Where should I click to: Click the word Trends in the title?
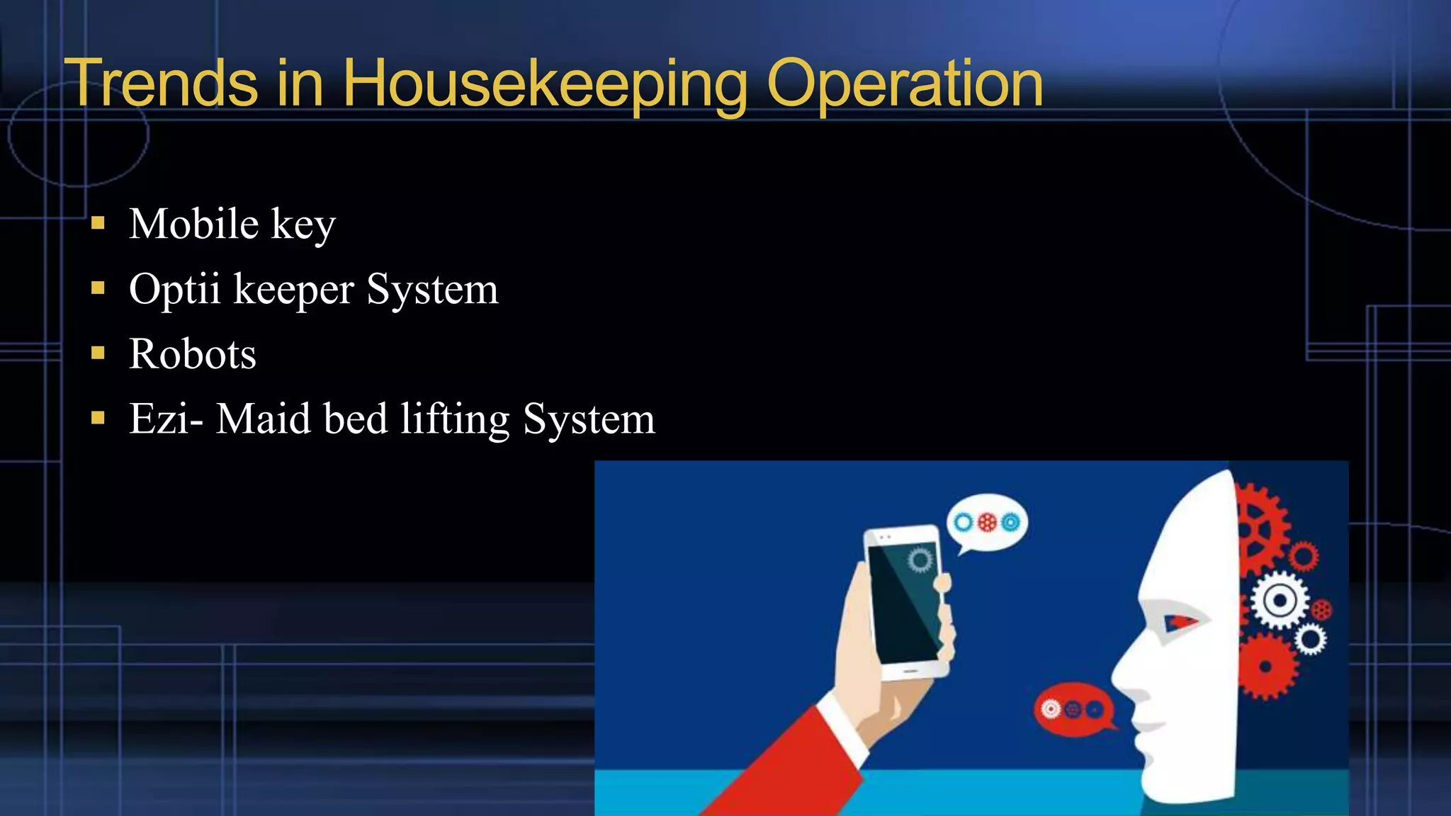[x=161, y=84]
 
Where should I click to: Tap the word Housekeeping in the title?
[x=544, y=84]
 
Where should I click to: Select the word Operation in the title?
[x=904, y=84]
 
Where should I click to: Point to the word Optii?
[x=174, y=289]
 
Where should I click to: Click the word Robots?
[x=192, y=354]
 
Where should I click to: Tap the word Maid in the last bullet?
[x=263, y=419]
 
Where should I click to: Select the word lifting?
[x=454, y=419]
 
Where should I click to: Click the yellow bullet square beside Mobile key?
[x=98, y=225]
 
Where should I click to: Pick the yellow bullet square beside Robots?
[x=98, y=353]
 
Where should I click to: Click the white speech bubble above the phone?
[x=986, y=525]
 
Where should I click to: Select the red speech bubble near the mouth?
[x=1073, y=708]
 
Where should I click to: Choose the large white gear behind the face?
[x=1280, y=601]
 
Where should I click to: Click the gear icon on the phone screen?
[x=920, y=560]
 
